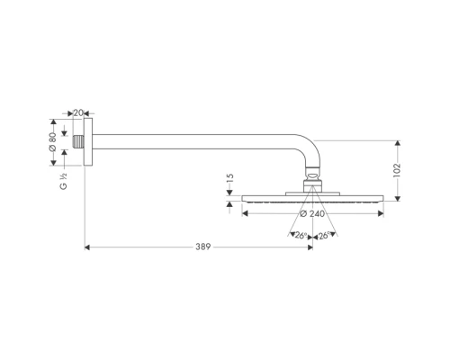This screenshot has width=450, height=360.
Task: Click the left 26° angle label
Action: coord(300,236)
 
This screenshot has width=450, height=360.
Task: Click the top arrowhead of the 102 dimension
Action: coord(395,141)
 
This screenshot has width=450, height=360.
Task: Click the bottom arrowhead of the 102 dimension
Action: coord(395,195)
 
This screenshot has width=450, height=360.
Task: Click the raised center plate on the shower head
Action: coord(312,193)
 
